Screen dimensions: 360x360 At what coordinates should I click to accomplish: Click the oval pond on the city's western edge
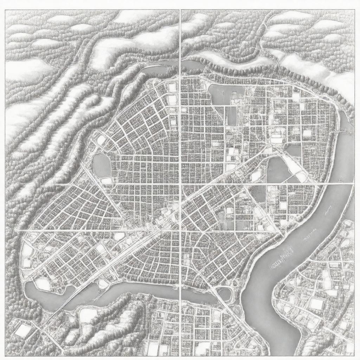point(101,165)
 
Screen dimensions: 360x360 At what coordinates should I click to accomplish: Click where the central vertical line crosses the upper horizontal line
point(180,184)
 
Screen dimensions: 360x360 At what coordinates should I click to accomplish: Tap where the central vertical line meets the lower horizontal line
point(180,231)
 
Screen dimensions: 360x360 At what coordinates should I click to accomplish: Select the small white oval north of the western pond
point(101,140)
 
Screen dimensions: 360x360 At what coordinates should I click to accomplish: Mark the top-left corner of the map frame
point(6,10)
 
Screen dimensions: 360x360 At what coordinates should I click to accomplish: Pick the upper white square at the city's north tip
point(172,87)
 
